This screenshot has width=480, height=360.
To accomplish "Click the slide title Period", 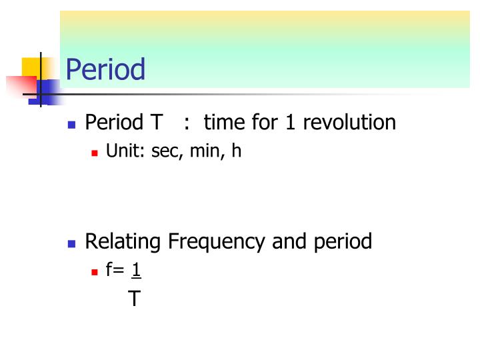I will (105, 69).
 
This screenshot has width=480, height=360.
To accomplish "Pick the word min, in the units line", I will (206, 151).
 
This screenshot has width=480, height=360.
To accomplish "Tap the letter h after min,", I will (235, 151).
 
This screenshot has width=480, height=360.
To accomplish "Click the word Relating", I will (123, 241).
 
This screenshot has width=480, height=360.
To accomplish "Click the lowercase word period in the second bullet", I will (343, 241).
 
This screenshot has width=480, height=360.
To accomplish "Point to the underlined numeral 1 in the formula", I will (136, 270).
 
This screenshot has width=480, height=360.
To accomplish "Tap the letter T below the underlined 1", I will (134, 298).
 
